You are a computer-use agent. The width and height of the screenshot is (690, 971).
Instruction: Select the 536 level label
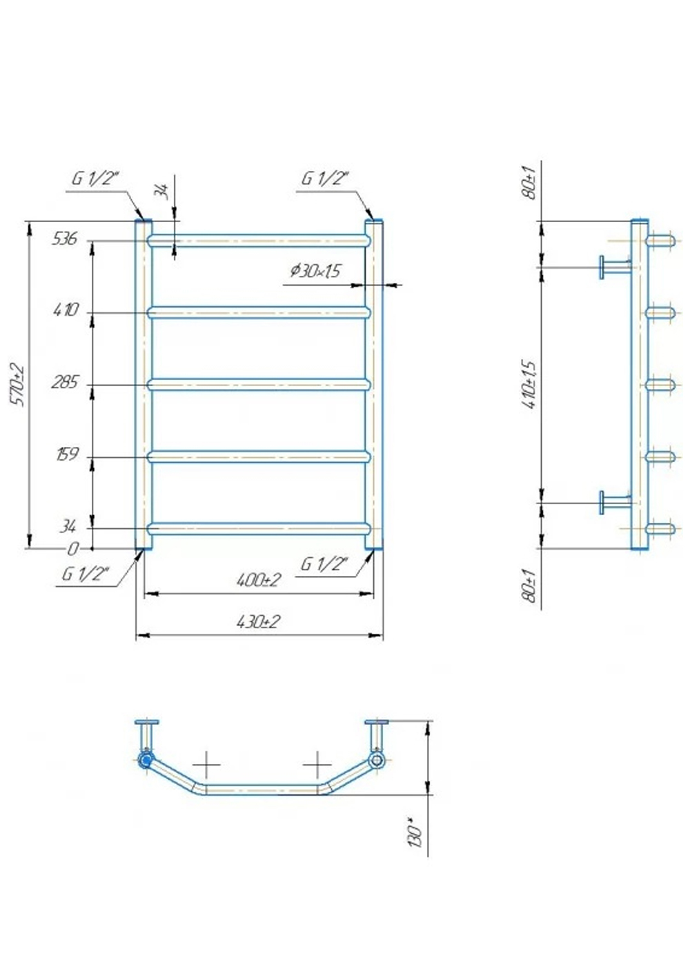pos(64,239)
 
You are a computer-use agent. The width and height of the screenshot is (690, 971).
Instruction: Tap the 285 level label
pos(65,383)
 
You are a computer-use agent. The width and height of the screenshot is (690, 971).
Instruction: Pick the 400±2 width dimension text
pos(258,580)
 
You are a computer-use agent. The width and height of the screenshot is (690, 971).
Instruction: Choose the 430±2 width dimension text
pos(258,622)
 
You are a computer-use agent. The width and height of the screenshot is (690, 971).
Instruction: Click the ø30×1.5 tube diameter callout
pos(315,271)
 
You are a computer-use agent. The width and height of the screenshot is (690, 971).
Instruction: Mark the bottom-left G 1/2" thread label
pos(86,574)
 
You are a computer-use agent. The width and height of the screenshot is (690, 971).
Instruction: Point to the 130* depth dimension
pos(415,832)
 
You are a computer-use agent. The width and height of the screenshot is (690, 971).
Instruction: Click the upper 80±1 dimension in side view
pos(530,182)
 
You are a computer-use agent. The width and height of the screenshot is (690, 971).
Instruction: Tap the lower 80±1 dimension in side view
pos(530,585)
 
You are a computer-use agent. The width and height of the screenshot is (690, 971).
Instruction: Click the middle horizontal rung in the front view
pos(259,384)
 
